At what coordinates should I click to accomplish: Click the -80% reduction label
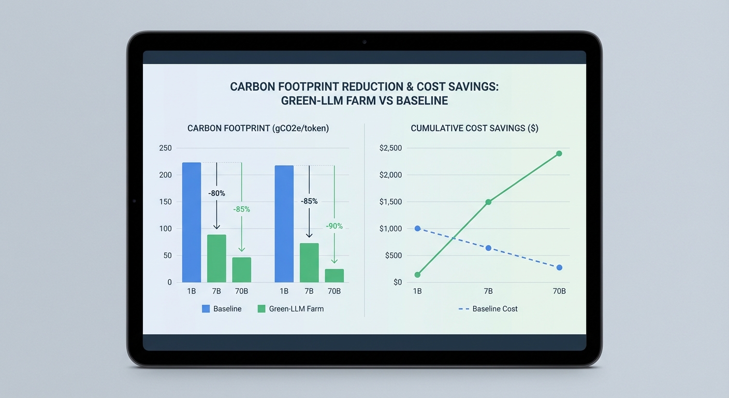tap(216, 193)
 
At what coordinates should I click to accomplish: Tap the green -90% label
tap(334, 226)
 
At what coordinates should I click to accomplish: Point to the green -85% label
tap(241, 209)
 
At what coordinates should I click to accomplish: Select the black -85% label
tap(309, 201)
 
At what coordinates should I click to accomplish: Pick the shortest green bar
tap(334, 276)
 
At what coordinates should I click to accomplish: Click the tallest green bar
tap(216, 259)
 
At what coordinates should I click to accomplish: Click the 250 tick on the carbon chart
tap(165, 148)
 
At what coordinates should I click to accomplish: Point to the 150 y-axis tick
tap(165, 202)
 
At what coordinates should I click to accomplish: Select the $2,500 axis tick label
tap(390, 148)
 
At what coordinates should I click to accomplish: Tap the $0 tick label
tap(397, 282)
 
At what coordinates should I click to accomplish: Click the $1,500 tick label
tap(390, 202)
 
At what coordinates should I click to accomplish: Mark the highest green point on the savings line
tap(559, 153)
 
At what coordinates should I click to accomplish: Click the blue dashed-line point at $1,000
tap(417, 229)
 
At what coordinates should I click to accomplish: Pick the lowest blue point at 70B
tap(559, 267)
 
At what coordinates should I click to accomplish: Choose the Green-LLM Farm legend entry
tap(290, 309)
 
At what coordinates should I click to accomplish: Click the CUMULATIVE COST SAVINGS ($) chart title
tap(474, 128)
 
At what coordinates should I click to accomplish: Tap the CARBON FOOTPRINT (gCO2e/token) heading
tap(258, 128)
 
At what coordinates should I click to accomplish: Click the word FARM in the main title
tap(355, 101)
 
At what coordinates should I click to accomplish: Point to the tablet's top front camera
tap(364, 41)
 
